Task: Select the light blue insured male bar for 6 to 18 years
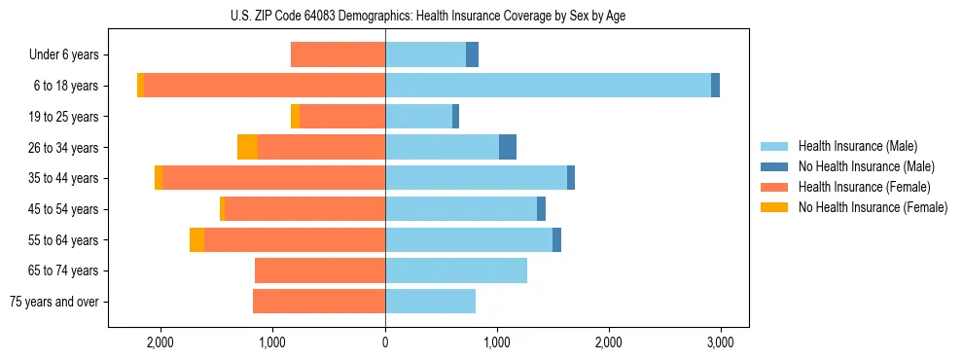(548, 86)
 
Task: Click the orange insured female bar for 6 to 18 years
(265, 86)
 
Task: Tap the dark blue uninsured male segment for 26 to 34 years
(508, 147)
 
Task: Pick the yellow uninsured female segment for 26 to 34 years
(248, 147)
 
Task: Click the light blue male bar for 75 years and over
(430, 302)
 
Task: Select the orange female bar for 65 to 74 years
(320, 270)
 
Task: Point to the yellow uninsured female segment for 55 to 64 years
(196, 240)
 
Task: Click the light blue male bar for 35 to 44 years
(476, 178)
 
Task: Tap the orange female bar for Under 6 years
(338, 54)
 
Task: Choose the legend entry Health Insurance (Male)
(857, 146)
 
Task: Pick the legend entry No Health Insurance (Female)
(873, 207)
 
